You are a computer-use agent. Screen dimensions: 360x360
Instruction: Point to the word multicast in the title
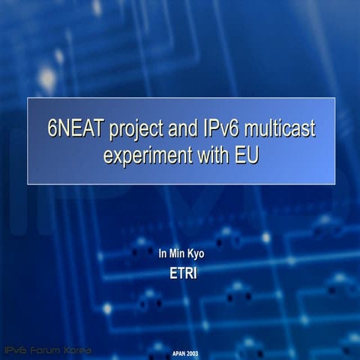point(284,130)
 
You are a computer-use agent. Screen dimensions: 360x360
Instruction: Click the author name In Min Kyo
point(181,254)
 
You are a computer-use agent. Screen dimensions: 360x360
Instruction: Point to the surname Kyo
point(195,254)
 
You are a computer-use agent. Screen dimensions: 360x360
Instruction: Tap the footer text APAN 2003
point(184,352)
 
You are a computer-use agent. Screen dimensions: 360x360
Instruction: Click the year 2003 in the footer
point(192,352)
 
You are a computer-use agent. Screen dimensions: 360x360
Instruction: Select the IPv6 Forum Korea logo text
point(48,350)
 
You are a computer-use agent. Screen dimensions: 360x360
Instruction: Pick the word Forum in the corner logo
point(46,350)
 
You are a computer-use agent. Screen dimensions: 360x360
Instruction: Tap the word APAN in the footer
point(178,352)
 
